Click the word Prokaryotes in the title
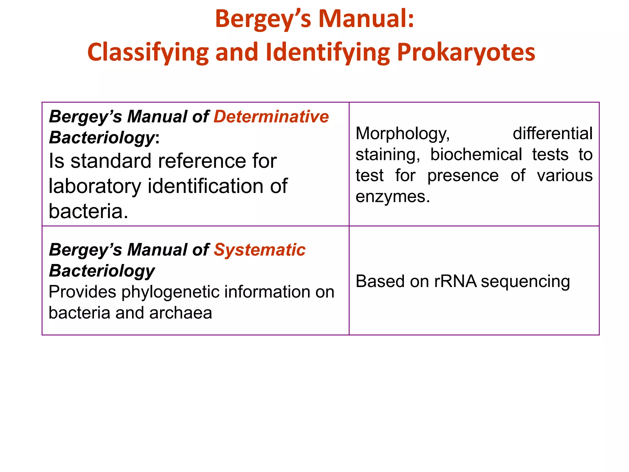click(466, 52)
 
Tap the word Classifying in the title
click(148, 52)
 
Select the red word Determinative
click(271, 117)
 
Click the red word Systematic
click(260, 250)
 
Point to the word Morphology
click(403, 134)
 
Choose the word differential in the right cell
click(553, 134)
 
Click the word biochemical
click(476, 154)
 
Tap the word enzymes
click(393, 196)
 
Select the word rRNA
click(455, 281)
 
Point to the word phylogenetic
click(170, 292)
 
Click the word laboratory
click(95, 186)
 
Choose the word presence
click(463, 175)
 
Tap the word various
click(565, 175)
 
